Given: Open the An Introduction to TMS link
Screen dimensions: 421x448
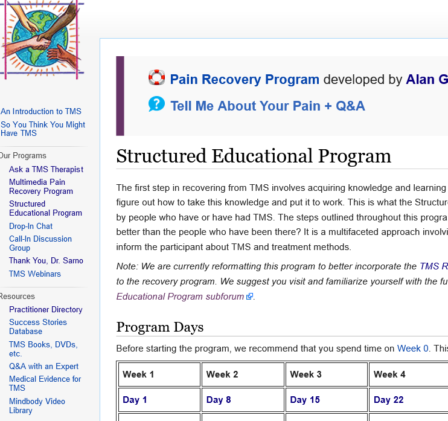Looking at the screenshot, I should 41,111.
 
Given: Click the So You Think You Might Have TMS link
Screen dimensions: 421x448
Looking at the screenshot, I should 43,129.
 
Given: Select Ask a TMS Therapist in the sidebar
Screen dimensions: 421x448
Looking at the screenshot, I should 46,169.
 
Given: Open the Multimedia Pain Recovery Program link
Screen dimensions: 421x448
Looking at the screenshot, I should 41,187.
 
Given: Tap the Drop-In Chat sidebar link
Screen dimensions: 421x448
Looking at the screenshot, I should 31,226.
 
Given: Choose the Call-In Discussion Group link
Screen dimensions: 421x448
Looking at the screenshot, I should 40,243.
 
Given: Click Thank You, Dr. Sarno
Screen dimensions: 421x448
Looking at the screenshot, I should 46,260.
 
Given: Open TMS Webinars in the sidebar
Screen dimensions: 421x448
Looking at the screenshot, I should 35,274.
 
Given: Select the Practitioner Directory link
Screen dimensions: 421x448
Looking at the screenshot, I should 46,309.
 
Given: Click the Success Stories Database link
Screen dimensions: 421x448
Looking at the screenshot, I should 38,327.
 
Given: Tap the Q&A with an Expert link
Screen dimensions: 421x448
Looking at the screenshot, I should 44,366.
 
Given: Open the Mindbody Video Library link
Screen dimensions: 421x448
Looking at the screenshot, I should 37,406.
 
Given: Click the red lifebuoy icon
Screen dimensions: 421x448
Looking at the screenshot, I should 156,78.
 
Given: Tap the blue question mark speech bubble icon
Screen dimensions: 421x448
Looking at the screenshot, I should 156,104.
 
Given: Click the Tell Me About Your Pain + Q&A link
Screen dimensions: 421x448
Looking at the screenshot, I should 267,106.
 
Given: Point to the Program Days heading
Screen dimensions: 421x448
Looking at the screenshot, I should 160,327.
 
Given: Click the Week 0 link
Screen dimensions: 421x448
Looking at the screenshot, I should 413,349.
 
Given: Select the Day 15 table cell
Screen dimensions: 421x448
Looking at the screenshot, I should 305,399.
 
